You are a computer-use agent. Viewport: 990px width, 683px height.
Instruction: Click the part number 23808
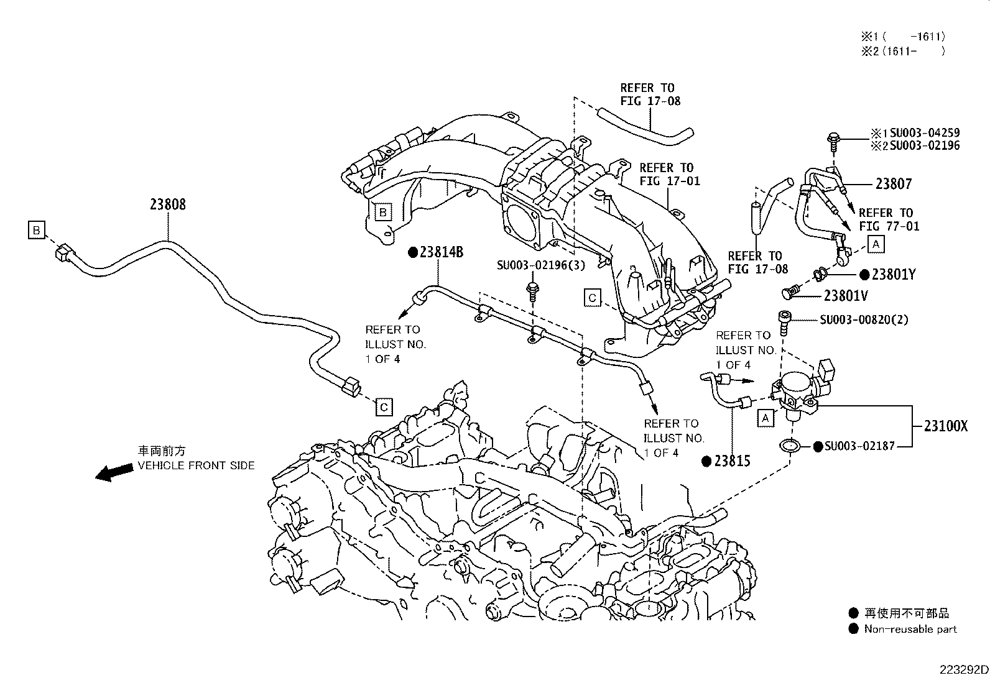coord(167,204)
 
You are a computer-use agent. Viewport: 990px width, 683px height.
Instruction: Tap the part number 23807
coord(894,184)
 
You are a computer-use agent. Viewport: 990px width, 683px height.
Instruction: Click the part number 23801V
coord(845,296)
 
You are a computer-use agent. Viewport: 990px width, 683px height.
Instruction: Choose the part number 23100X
coord(946,426)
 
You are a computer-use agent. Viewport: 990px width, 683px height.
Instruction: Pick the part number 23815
coord(732,461)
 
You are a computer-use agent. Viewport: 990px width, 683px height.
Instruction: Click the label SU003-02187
coord(860,446)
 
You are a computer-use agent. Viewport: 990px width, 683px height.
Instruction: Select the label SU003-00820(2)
coord(864,319)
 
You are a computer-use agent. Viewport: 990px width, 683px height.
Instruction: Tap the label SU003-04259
coord(924,133)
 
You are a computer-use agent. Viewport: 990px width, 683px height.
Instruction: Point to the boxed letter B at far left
coord(37,231)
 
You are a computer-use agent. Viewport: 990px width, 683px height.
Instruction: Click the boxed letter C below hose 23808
coord(384,407)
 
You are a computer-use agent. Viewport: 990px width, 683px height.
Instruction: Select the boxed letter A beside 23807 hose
coord(876,244)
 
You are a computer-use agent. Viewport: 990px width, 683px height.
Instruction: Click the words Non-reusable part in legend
coord(910,629)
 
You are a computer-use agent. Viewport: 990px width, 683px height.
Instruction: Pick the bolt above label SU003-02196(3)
coord(533,290)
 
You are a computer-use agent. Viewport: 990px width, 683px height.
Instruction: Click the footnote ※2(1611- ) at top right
coord(902,51)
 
